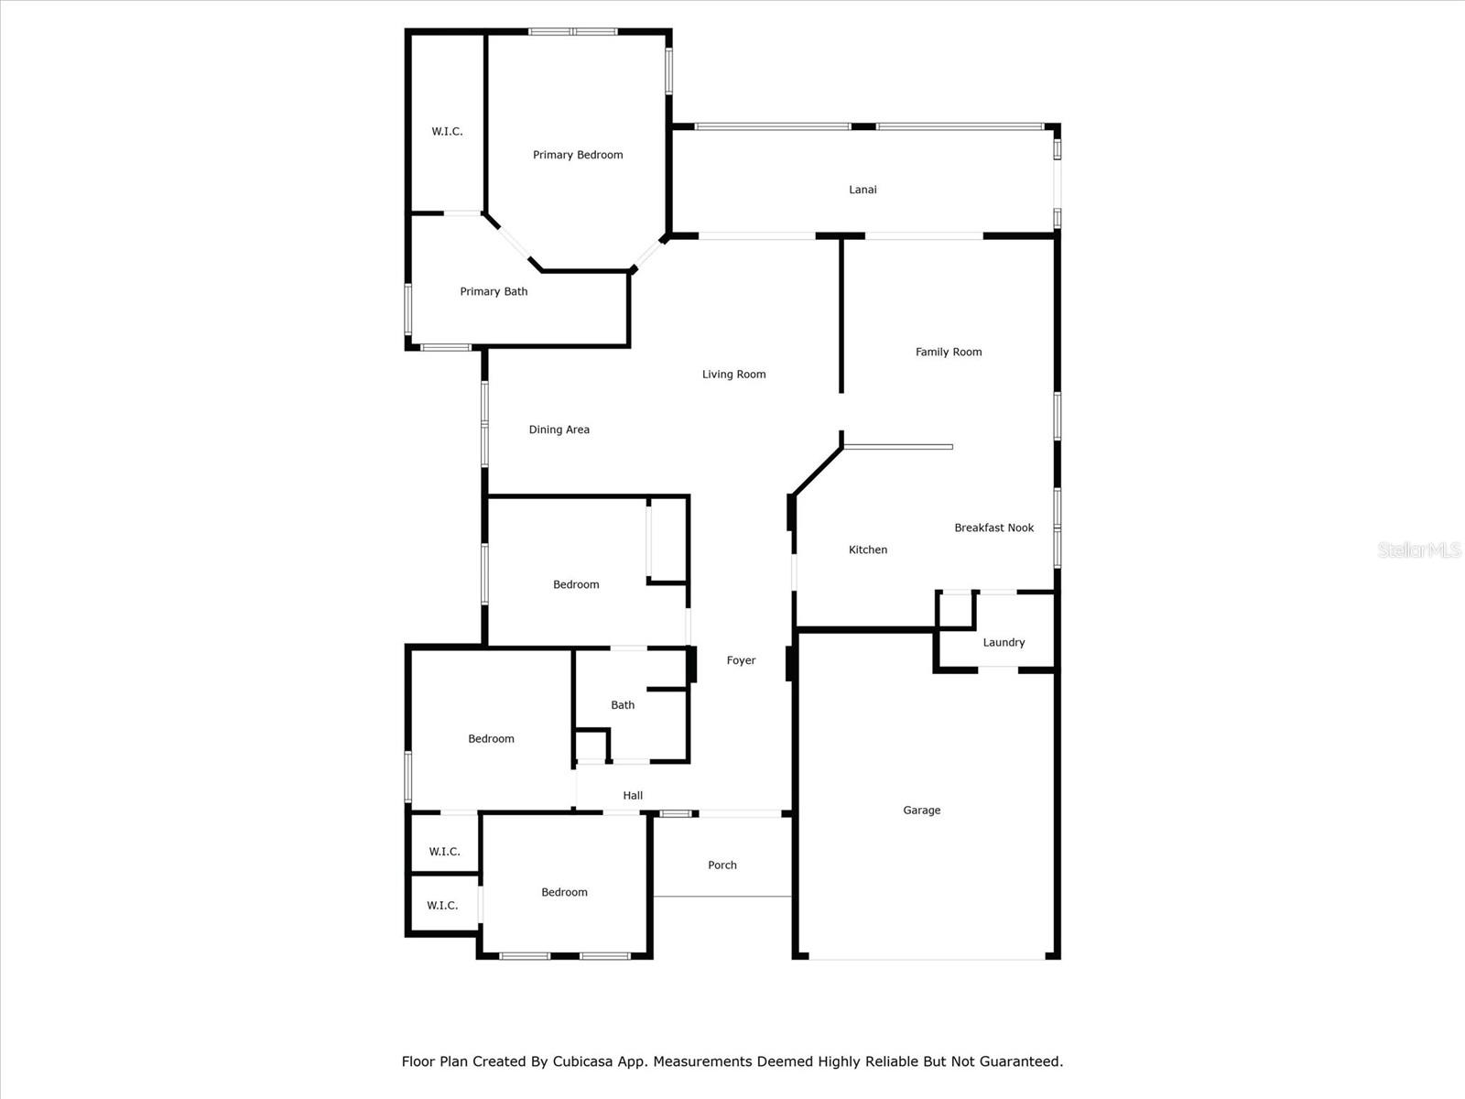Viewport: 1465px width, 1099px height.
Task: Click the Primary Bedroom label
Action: [x=578, y=155]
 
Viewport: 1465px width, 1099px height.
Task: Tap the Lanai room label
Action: [x=863, y=190]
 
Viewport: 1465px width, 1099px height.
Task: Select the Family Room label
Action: [x=949, y=352]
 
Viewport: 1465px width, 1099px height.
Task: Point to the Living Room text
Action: [x=733, y=374]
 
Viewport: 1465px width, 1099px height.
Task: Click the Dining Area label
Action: [x=559, y=430]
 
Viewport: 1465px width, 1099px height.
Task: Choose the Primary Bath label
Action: [x=494, y=291]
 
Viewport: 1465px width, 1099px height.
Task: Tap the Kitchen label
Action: [x=867, y=549]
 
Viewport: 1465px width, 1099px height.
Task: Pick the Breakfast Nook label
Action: [x=993, y=528]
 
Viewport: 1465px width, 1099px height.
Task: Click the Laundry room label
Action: [x=1004, y=642]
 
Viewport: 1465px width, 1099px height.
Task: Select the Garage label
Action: [x=921, y=810]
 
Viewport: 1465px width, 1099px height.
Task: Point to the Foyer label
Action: [x=741, y=660]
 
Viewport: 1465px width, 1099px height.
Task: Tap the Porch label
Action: [x=722, y=865]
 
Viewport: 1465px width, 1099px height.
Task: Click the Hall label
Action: [x=633, y=795]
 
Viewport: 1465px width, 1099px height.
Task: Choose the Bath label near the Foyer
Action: [x=623, y=704]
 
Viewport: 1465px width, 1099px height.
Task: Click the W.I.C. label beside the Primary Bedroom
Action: [x=447, y=131]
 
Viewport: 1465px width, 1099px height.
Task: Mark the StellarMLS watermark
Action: [x=1419, y=549]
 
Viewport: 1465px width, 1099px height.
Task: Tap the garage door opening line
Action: [x=927, y=959]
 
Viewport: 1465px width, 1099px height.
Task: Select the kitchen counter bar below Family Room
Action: [x=898, y=447]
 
